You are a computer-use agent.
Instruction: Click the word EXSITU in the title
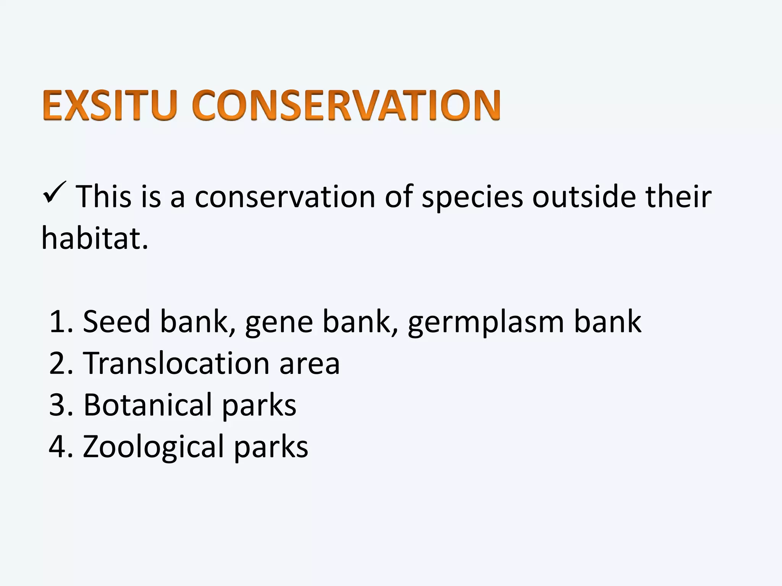(110, 105)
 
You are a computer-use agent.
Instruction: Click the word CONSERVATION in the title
(346, 105)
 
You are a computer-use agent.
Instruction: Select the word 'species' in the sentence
(472, 198)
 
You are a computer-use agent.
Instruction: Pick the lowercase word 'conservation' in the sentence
(285, 197)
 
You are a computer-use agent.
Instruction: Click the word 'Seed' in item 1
(116, 322)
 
